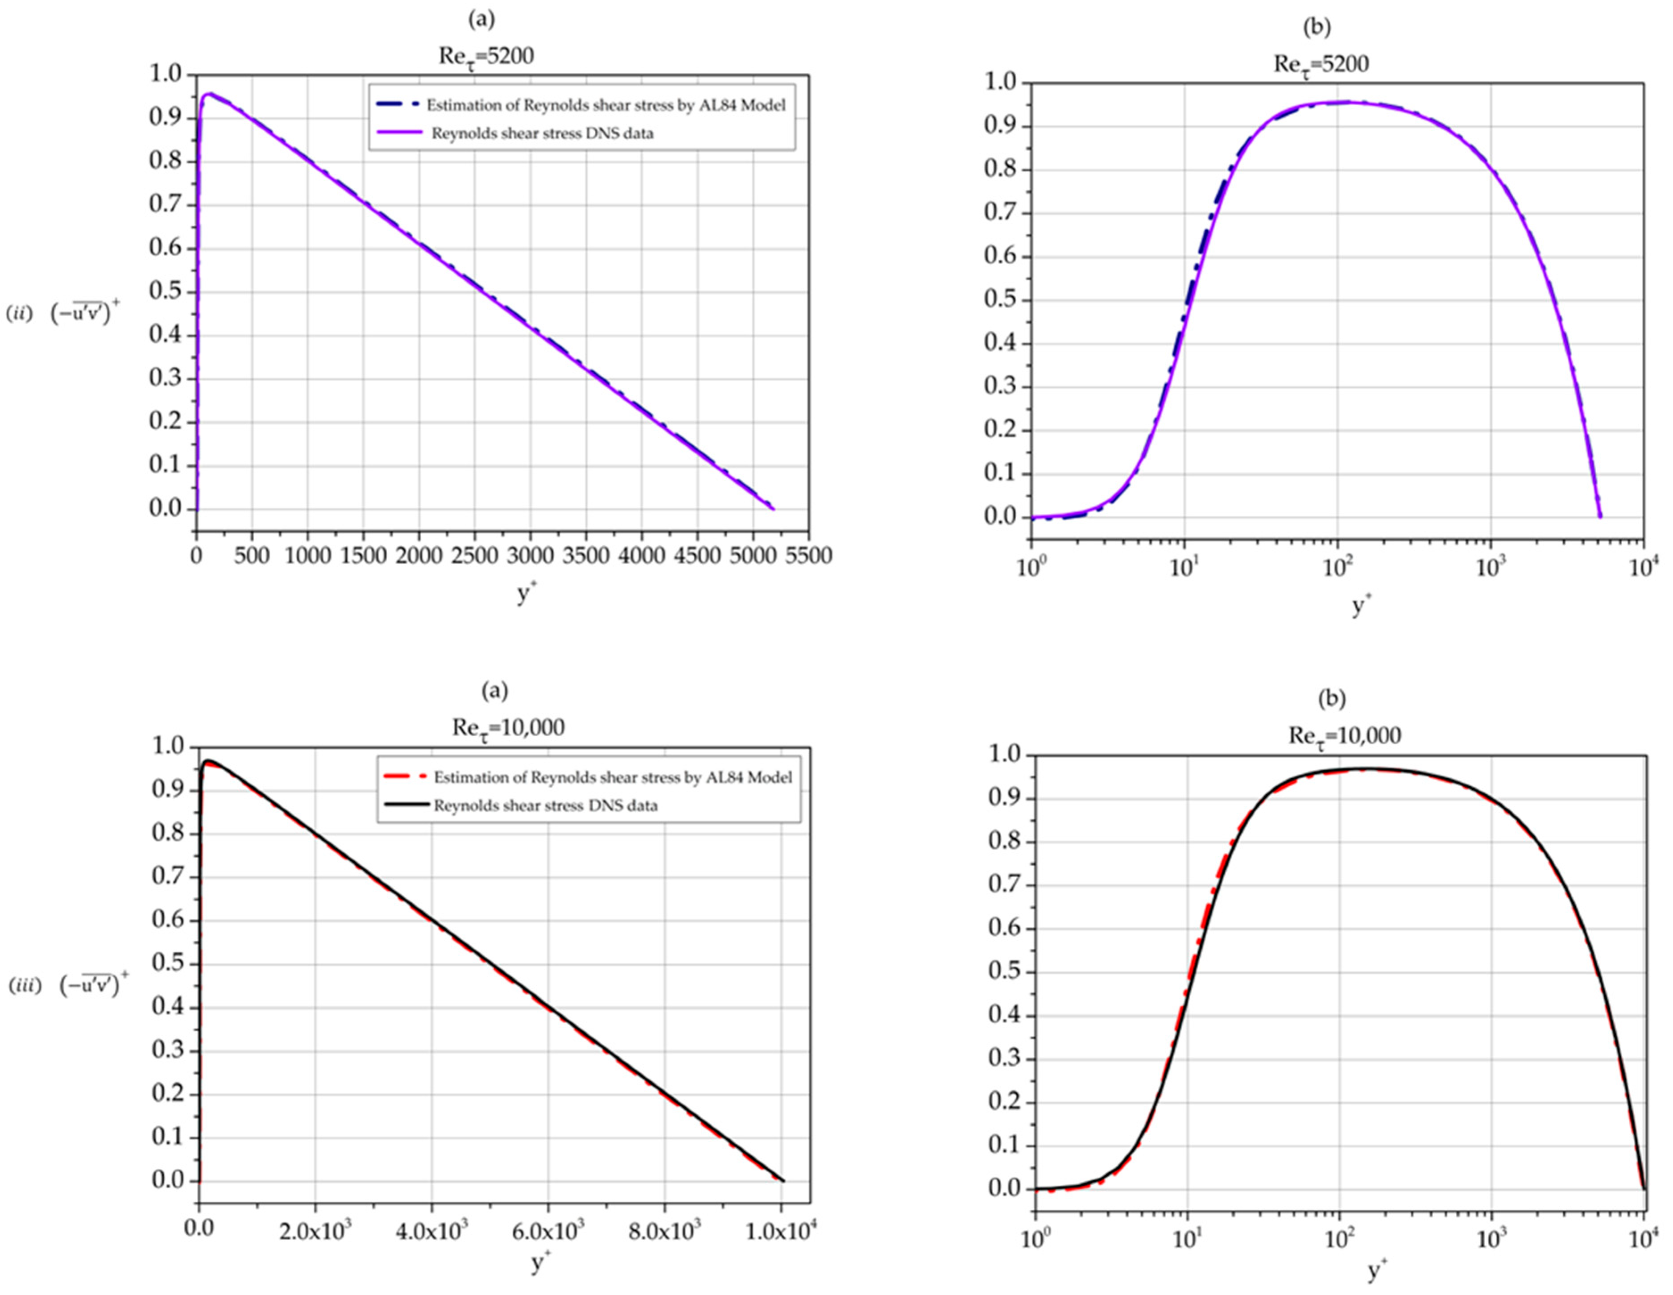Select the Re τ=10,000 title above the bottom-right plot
[x=1344, y=736]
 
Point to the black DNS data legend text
[x=546, y=806]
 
